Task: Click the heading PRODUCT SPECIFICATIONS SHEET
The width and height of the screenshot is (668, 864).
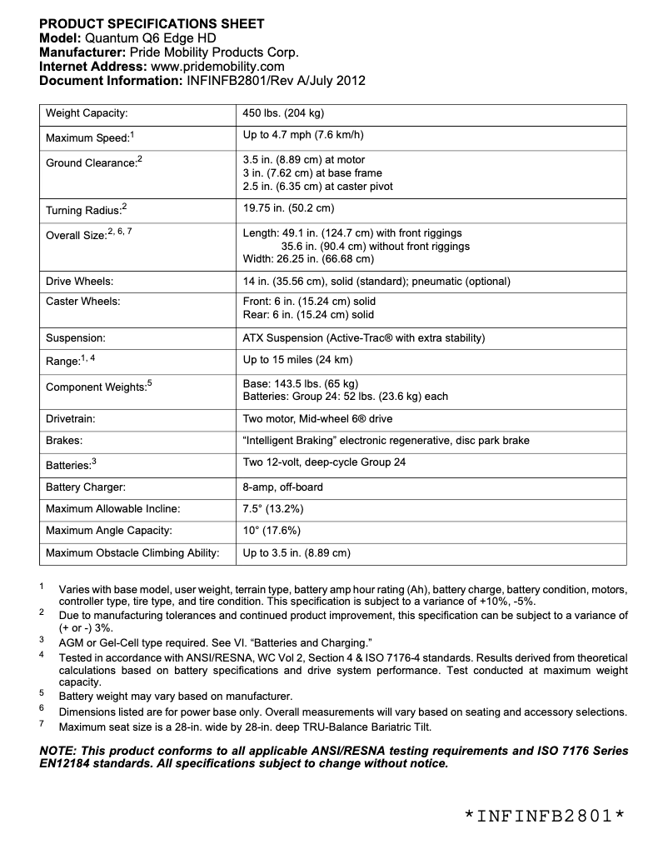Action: (152, 24)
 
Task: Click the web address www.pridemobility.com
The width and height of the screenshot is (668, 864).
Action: (217, 67)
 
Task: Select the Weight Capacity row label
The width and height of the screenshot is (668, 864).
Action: (87, 113)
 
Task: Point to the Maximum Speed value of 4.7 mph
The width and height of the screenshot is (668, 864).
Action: (303, 135)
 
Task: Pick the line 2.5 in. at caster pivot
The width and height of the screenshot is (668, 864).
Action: (317, 187)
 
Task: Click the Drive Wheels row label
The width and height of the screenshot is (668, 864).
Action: (80, 282)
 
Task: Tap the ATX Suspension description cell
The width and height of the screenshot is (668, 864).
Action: (363, 338)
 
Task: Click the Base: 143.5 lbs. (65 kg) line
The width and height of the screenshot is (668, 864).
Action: (300, 383)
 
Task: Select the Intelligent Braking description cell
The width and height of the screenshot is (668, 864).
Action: (386, 441)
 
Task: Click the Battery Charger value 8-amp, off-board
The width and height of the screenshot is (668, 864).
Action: (282, 487)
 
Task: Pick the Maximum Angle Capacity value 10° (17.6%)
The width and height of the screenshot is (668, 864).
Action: (272, 530)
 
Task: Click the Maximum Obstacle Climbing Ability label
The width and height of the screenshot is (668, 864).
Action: (132, 552)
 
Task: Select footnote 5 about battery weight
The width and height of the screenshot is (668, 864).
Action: (175, 697)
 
